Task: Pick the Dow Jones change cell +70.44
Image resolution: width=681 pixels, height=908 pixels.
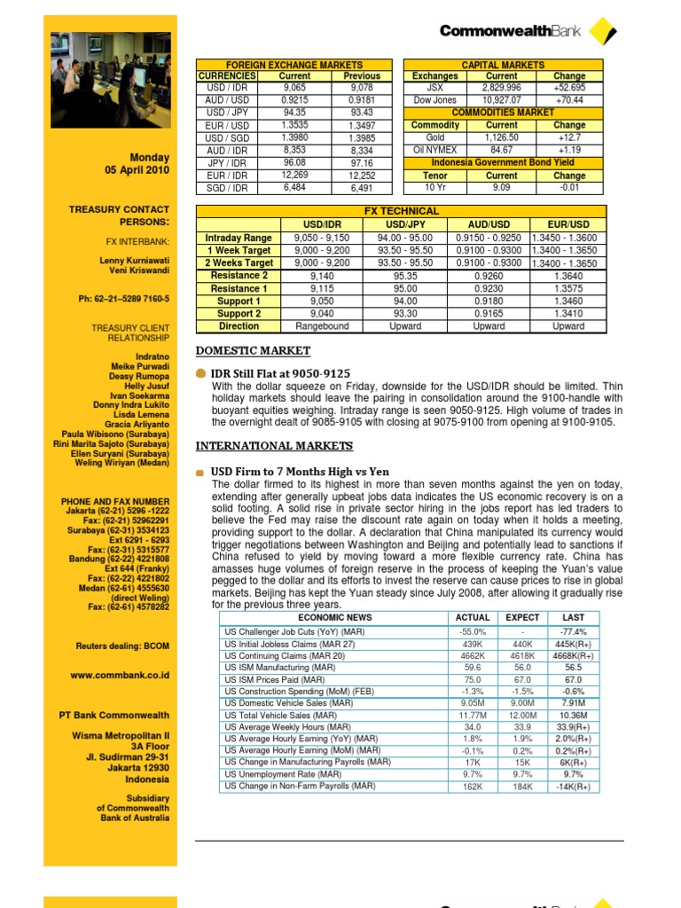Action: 569,100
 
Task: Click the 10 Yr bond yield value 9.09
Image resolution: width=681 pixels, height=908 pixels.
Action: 502,187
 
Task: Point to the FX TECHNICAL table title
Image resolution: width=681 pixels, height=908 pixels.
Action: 402,211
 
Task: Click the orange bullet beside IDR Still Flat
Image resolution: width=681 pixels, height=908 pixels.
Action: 201,374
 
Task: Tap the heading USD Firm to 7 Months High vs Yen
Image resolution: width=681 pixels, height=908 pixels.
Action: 300,472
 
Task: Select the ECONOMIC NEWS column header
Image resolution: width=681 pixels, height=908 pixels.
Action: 334,617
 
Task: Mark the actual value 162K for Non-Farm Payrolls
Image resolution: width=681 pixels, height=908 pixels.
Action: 472,787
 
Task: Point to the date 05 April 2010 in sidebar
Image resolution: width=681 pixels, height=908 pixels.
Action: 137,171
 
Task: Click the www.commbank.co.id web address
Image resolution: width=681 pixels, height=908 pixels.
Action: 120,675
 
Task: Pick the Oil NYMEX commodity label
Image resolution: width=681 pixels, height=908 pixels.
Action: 435,150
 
